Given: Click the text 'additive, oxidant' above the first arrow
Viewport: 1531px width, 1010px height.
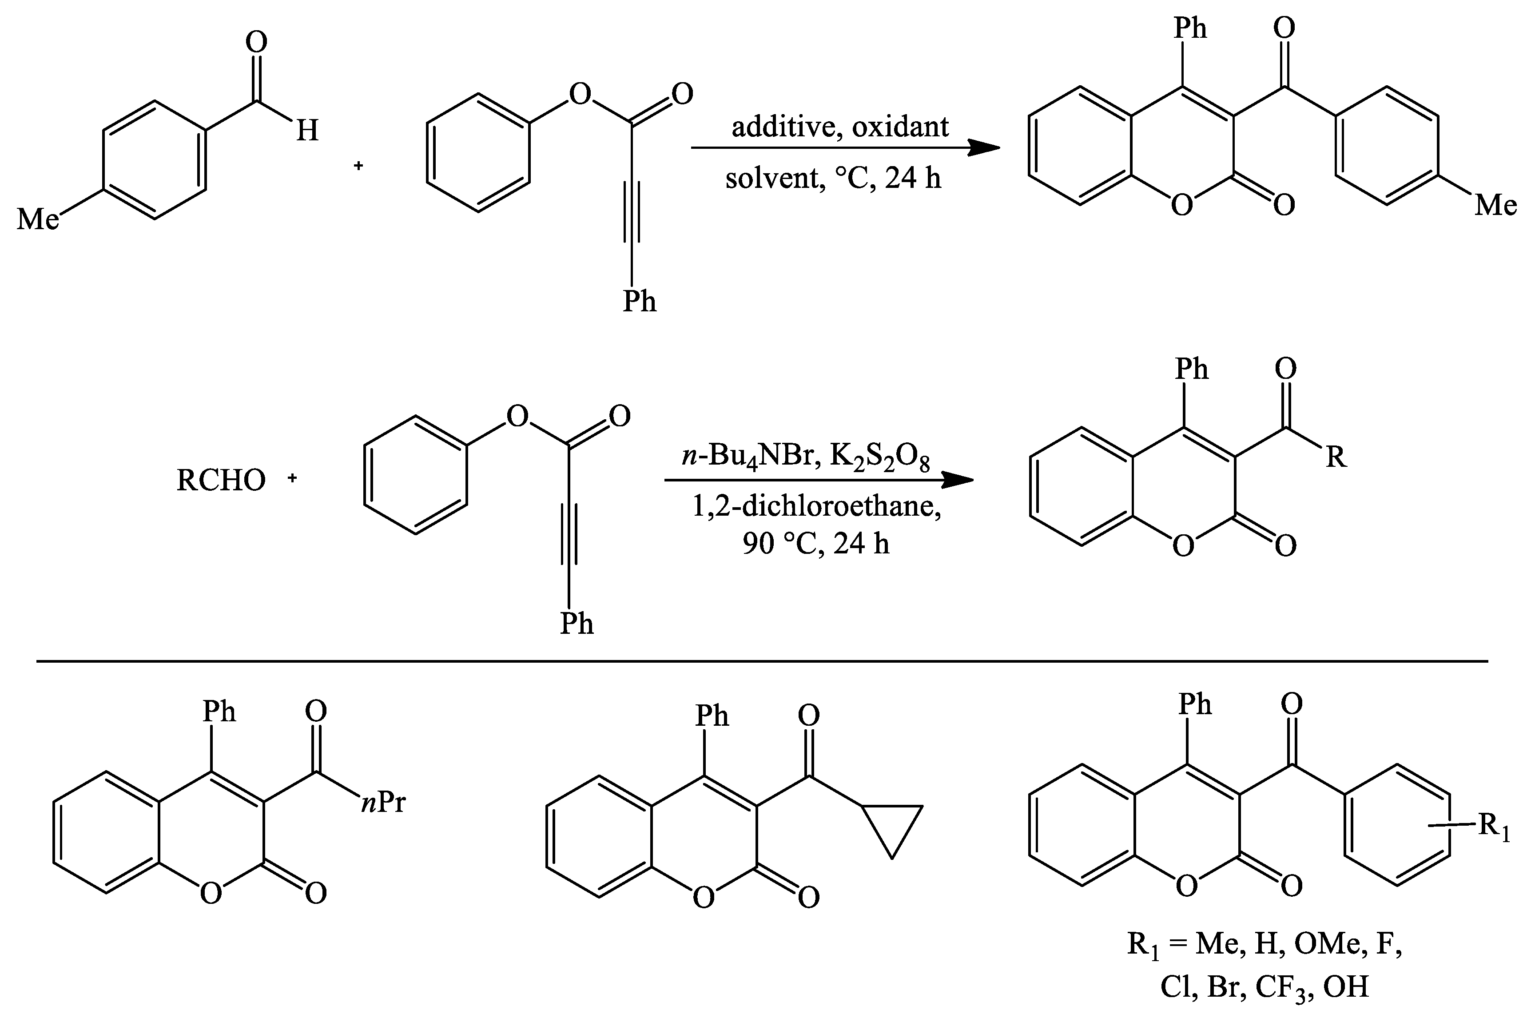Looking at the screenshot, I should click(839, 127).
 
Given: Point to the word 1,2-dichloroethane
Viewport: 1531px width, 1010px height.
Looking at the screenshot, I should click(816, 507).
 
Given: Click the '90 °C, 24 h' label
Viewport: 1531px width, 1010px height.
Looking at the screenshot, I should click(815, 544).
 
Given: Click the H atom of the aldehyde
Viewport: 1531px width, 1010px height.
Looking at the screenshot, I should click(307, 132).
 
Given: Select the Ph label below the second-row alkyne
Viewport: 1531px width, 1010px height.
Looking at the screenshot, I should click(576, 624).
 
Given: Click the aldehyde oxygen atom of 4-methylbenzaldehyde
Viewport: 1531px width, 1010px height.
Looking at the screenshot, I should click(256, 43).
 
